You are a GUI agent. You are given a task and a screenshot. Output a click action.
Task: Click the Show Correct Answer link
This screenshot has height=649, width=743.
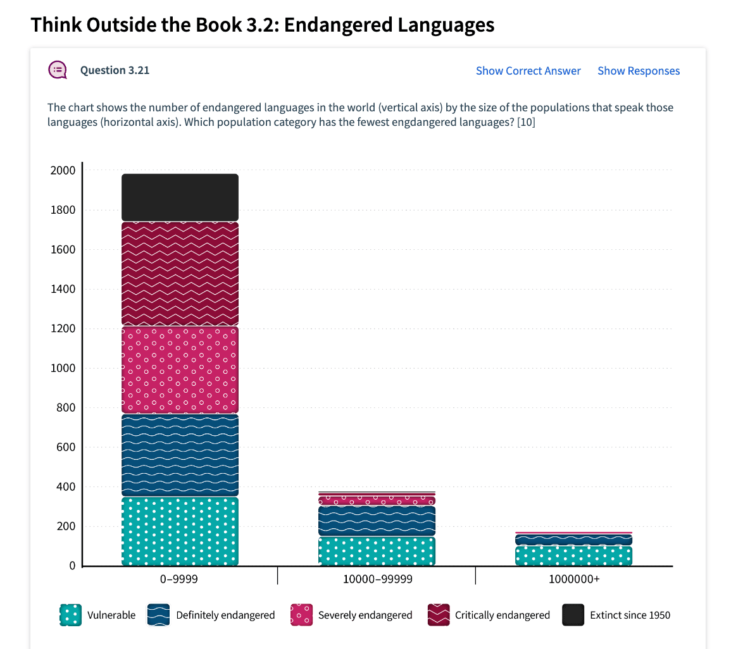(x=528, y=71)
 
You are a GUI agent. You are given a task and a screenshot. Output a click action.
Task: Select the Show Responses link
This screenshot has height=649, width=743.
(x=639, y=71)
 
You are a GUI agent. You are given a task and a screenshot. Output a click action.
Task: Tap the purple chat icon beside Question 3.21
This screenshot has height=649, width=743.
(x=58, y=70)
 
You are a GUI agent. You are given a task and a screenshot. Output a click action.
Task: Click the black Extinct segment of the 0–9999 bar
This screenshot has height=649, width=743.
(x=180, y=197)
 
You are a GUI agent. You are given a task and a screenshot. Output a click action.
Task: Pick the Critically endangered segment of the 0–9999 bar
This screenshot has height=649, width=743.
(x=180, y=273)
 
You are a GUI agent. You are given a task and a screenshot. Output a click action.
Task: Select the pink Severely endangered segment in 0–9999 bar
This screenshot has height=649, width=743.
(x=180, y=369)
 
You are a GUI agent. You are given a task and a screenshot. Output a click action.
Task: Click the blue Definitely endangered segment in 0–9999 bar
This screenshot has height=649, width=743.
(x=180, y=455)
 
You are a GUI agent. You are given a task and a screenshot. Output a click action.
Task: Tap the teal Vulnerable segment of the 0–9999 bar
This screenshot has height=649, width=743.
(x=180, y=531)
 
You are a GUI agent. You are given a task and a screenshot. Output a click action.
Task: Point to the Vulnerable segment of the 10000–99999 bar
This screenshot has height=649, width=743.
(x=377, y=550)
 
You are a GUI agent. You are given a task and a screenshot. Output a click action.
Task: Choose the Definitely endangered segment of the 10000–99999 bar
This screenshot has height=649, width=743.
(x=377, y=521)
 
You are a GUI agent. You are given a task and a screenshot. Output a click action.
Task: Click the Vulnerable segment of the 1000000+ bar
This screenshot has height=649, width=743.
(x=573, y=555)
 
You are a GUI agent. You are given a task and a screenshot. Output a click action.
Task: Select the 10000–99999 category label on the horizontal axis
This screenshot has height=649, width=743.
(x=377, y=579)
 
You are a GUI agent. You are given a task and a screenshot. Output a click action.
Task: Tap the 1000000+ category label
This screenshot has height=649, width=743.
(x=573, y=579)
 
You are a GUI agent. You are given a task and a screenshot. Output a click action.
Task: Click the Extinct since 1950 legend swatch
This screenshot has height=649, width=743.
(x=573, y=615)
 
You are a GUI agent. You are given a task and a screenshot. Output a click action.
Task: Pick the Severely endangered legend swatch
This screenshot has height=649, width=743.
(x=301, y=615)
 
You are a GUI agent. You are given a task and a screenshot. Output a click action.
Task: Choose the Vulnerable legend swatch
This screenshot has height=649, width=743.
(x=70, y=615)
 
